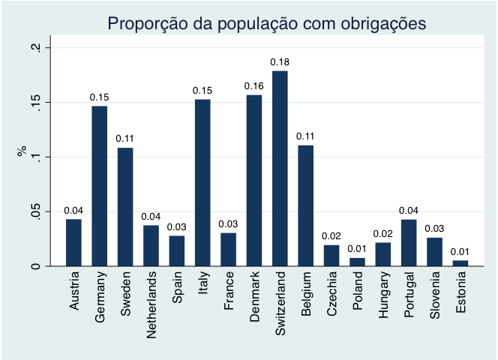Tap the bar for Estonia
point(460,263)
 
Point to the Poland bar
point(358,262)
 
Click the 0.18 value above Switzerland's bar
point(280,62)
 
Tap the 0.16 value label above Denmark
point(254,86)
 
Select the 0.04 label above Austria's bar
point(73,211)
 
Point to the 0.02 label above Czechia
point(331,236)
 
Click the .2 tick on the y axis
point(34,48)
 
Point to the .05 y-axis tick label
point(34,212)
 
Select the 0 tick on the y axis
point(34,266)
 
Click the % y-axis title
point(22,152)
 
